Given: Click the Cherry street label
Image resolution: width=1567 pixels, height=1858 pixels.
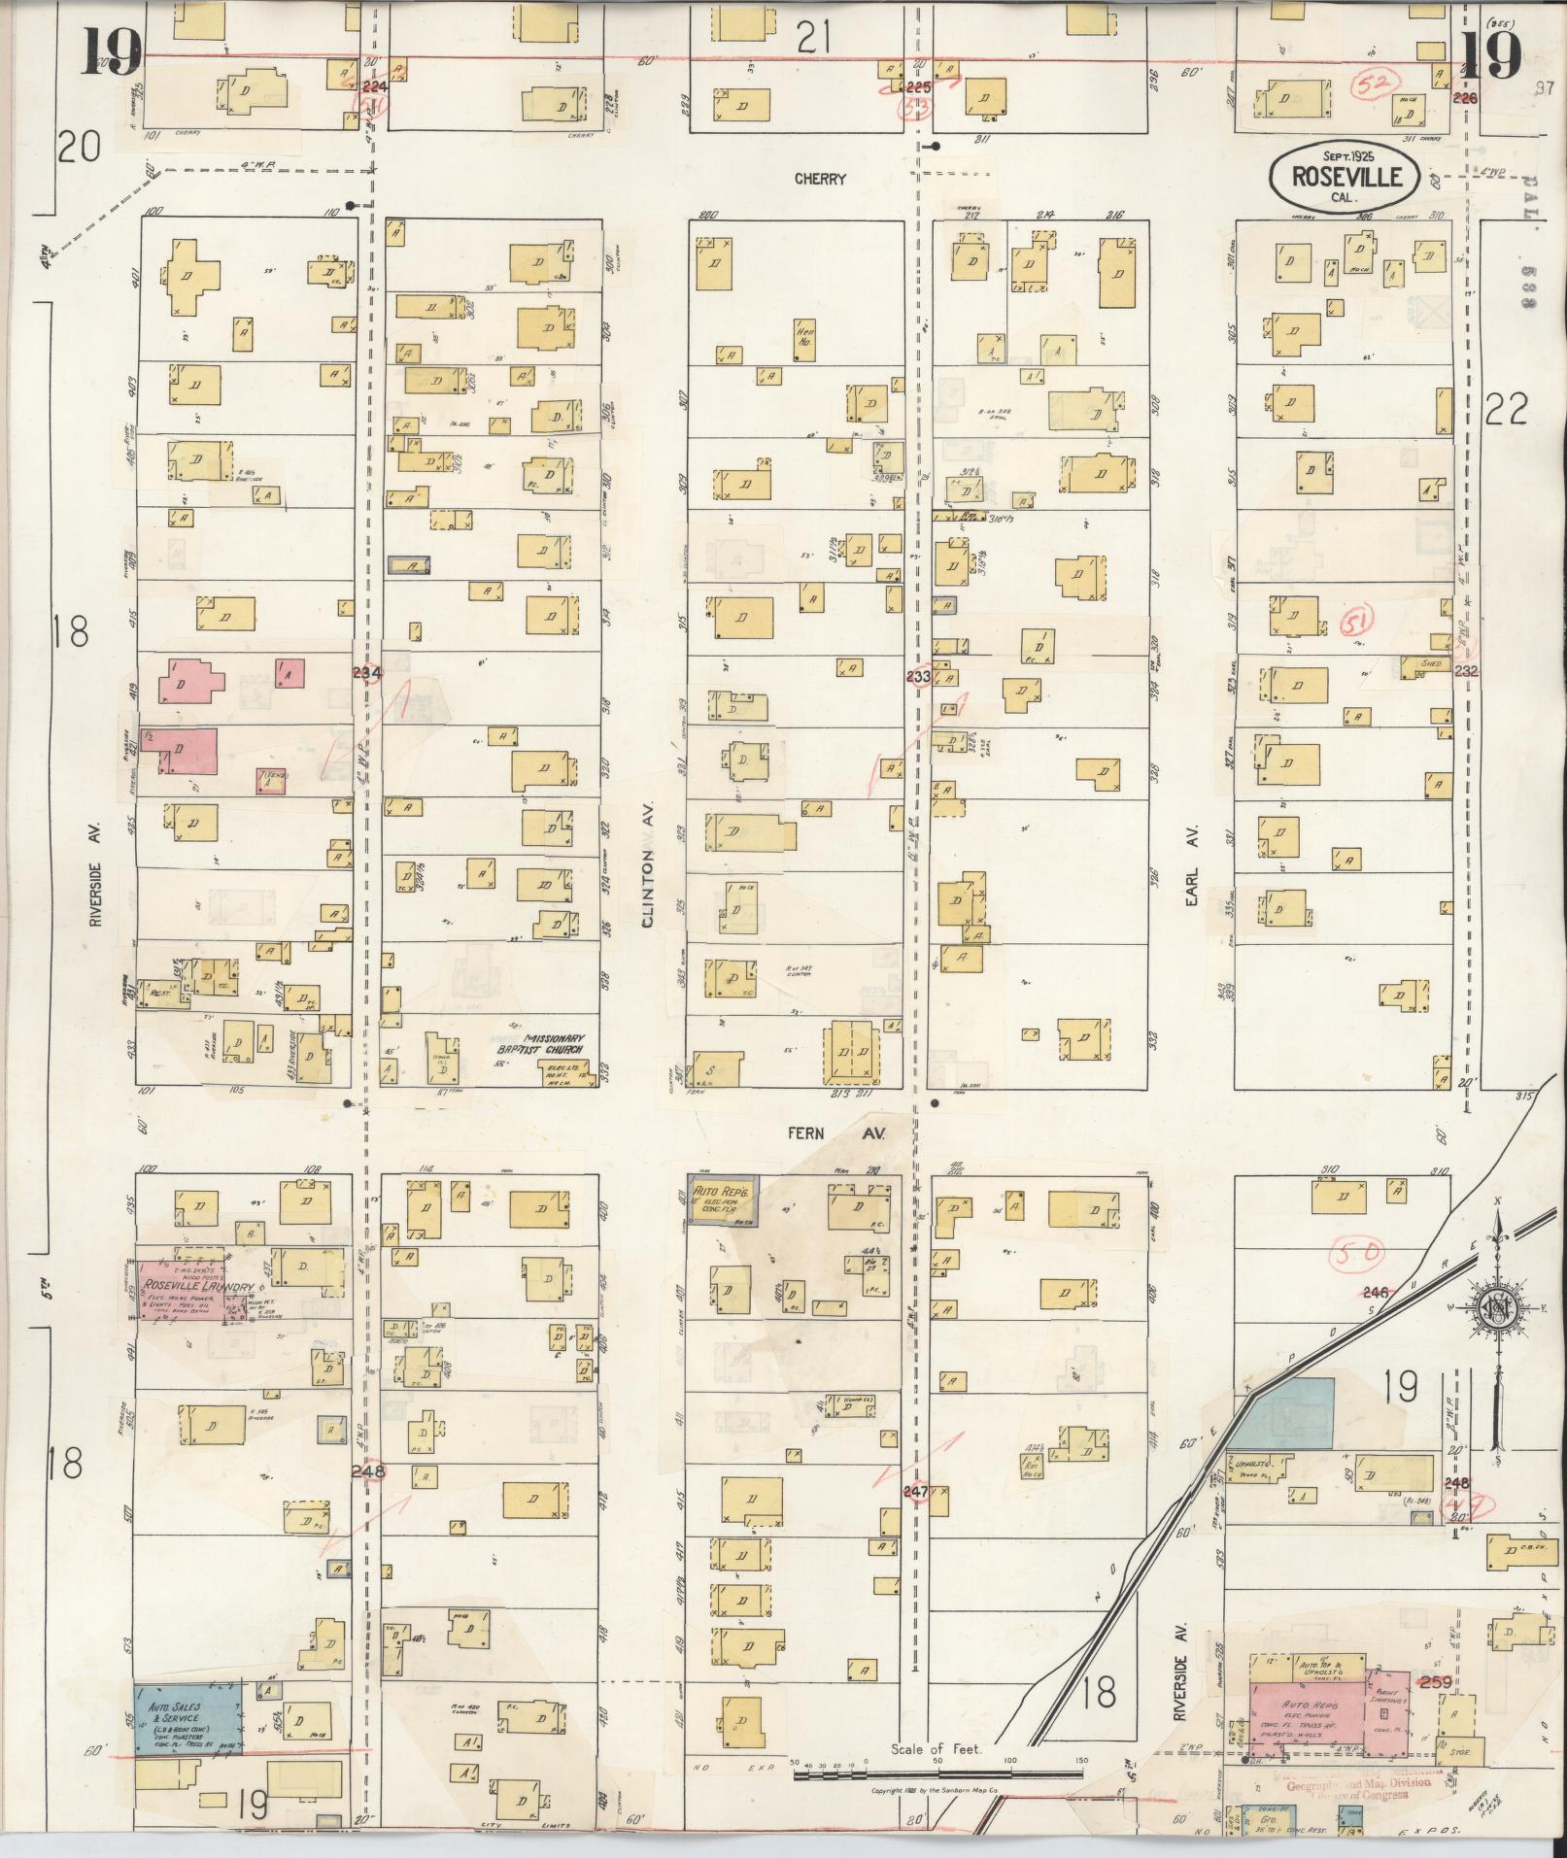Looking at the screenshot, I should pyautogui.click(x=820, y=179).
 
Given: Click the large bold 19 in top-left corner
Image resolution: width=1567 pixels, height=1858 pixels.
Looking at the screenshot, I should pyautogui.click(x=112, y=51).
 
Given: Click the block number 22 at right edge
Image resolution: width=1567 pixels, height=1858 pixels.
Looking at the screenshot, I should pyautogui.click(x=1507, y=410).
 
